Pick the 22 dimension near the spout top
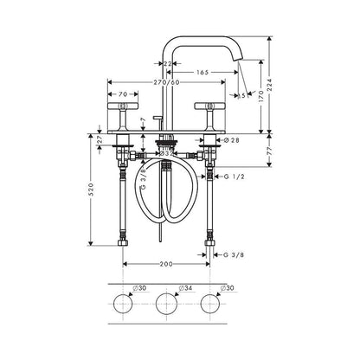pyautogui.click(x=170, y=63)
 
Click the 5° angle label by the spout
pyautogui.click(x=242, y=98)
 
